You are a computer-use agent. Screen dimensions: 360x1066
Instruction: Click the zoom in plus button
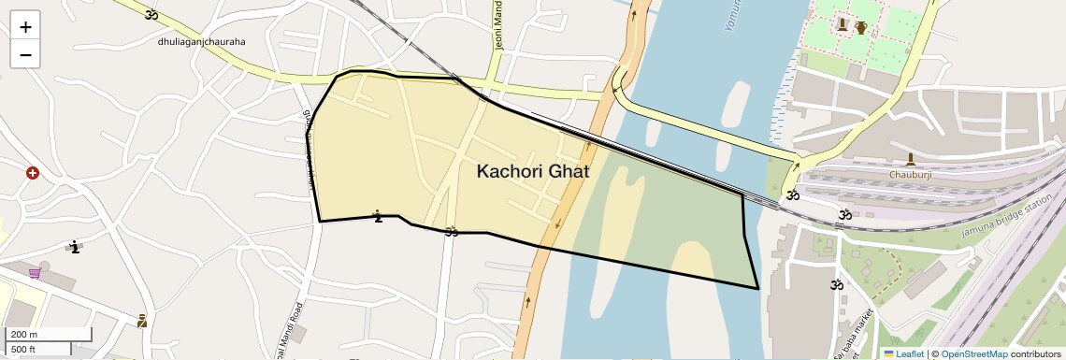pos(25,26)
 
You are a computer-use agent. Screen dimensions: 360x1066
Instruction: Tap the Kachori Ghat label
pos(533,172)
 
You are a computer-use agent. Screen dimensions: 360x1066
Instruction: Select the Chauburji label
pos(910,174)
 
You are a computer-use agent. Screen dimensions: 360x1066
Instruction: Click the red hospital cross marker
pos(33,173)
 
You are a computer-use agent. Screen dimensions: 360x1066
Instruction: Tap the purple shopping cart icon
pos(35,273)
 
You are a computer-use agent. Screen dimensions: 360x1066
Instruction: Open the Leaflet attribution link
pos(903,353)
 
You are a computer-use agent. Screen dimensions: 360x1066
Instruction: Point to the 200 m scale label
pos(24,335)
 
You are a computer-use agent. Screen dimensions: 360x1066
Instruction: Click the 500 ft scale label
pos(24,350)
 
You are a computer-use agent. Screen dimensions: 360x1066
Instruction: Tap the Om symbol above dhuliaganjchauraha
pos(151,14)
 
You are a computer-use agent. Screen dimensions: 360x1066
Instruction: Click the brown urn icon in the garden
pos(861,27)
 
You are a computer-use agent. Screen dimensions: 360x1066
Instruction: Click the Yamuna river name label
pos(733,15)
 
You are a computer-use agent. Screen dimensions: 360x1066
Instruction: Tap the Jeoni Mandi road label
pos(498,26)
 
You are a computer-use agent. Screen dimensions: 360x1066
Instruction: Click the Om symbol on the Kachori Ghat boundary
pos(452,231)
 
